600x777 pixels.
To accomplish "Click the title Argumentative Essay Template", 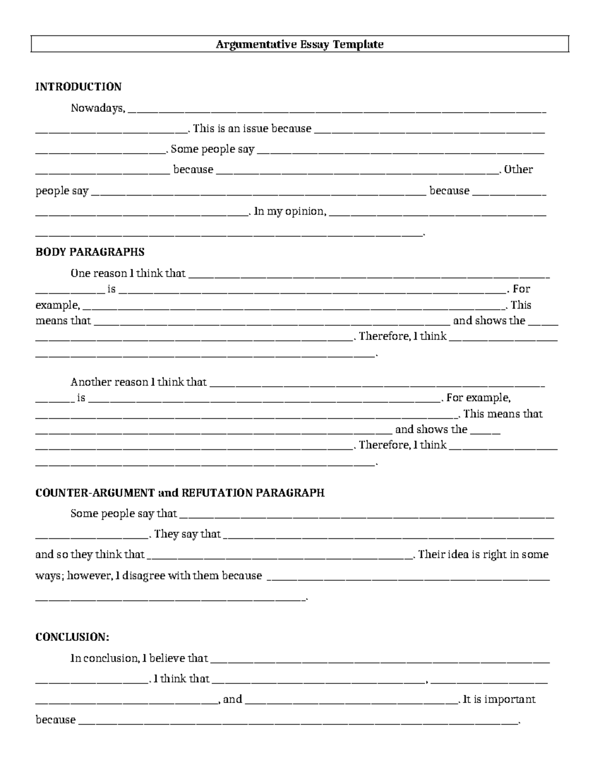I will (x=299, y=45).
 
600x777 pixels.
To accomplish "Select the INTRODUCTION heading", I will (x=78, y=87).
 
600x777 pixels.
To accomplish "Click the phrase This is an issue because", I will (x=252, y=129).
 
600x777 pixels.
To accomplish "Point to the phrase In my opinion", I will (x=290, y=212).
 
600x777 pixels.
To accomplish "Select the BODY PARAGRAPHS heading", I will (x=89, y=252).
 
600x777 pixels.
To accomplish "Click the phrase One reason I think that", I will (x=128, y=274).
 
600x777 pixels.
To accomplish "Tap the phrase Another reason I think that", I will (x=138, y=382).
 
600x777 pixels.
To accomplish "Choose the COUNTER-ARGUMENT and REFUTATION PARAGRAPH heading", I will (x=180, y=493).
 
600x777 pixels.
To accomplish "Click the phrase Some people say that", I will (x=123, y=514).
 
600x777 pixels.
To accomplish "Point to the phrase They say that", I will (x=187, y=534).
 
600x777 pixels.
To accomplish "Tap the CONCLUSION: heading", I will (x=72, y=637).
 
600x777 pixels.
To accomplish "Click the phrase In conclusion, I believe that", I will (x=139, y=658).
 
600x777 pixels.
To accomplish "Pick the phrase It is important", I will (x=499, y=699).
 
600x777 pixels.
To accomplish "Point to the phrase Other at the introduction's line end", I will (x=518, y=170).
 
